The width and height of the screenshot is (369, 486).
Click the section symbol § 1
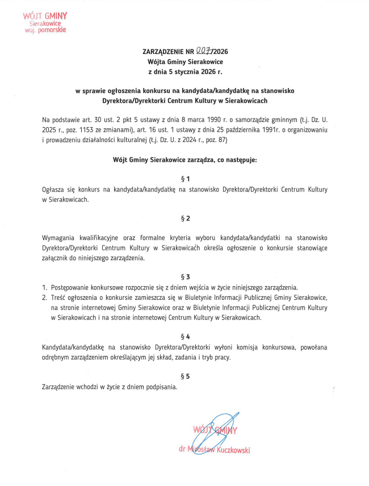click(184, 179)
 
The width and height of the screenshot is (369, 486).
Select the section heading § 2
click(184, 218)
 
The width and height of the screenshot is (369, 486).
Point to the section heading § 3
click(184, 276)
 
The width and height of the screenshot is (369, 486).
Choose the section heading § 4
click(184, 336)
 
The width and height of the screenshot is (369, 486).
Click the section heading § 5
click(184, 376)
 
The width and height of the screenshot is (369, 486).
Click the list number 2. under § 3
click(45, 297)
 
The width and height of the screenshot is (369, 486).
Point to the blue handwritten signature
click(216, 431)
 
